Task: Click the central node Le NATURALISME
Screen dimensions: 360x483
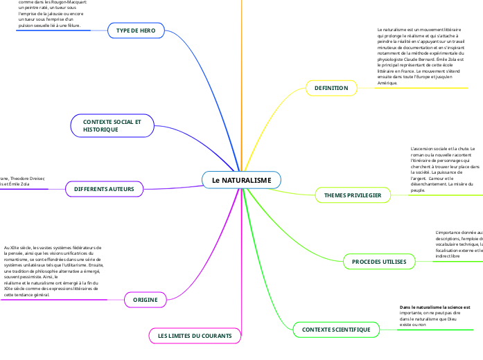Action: [x=241, y=180]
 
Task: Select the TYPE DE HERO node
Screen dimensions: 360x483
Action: [x=136, y=30]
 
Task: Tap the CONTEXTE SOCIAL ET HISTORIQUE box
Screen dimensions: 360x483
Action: [x=112, y=125]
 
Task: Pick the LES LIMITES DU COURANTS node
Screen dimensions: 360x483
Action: [x=195, y=335]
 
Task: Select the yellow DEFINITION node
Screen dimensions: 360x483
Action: [x=331, y=88]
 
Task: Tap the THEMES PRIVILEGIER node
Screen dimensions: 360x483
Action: [x=353, y=195]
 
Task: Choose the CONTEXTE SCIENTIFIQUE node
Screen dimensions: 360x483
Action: [x=336, y=330]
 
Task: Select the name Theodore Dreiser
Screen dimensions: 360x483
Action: [x=28, y=179]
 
